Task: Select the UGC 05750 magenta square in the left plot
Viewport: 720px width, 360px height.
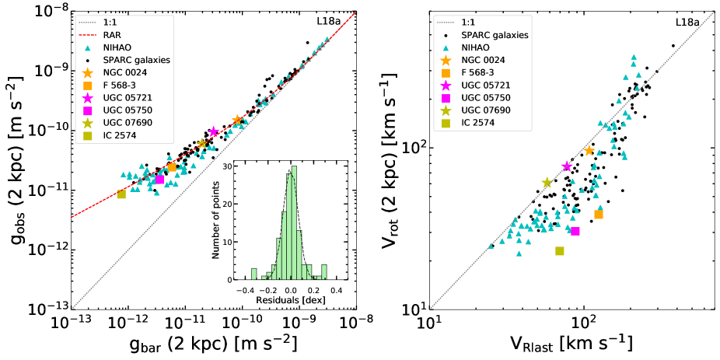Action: point(159,179)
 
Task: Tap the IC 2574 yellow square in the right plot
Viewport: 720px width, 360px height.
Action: point(560,250)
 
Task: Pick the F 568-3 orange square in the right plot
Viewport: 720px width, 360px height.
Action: point(599,214)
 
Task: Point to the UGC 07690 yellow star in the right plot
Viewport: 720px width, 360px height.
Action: point(547,183)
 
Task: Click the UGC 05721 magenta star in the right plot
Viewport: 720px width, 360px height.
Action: point(567,166)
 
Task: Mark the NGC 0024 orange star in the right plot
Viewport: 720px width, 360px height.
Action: point(589,150)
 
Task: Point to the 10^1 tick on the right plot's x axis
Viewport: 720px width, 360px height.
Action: point(429,322)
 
